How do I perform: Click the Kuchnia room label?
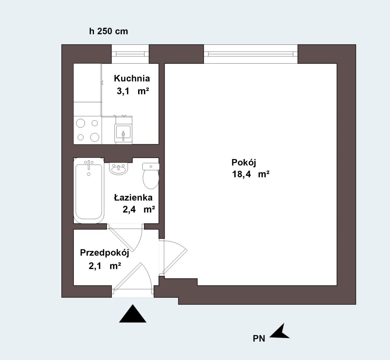132,79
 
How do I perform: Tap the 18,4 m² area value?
251,174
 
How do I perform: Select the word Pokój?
244,163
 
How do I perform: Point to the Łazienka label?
133,197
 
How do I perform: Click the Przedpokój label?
104,253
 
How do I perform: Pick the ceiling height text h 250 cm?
109,31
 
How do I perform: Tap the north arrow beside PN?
280,331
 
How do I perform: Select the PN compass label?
259,339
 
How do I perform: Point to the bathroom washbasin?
119,168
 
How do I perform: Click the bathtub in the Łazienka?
89,191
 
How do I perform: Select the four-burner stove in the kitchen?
87,130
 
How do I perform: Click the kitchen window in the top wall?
130,54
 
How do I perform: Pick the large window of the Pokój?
251,54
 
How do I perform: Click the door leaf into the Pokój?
175,262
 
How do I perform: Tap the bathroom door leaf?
122,239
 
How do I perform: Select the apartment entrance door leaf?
128,277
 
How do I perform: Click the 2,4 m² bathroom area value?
139,209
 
